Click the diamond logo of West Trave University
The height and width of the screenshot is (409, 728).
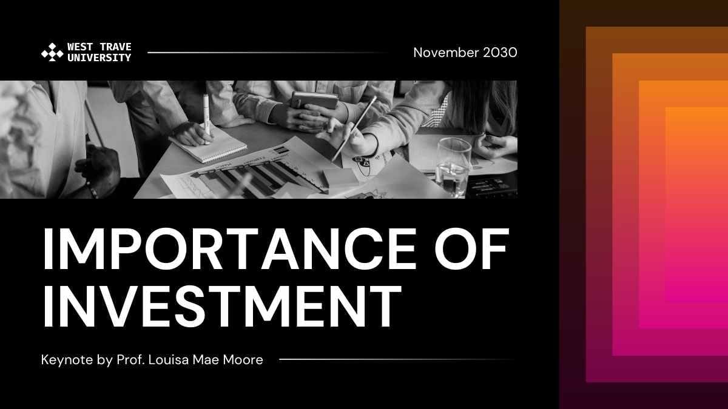coord(52,52)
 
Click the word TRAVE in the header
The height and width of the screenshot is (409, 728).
coord(115,47)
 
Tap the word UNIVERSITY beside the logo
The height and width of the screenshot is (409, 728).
coord(99,58)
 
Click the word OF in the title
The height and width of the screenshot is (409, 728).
coord(471,248)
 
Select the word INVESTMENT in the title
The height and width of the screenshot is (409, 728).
coord(222,307)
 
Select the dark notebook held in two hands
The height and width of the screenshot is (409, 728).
coord(314,101)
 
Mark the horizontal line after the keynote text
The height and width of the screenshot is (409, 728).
coord(397,359)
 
